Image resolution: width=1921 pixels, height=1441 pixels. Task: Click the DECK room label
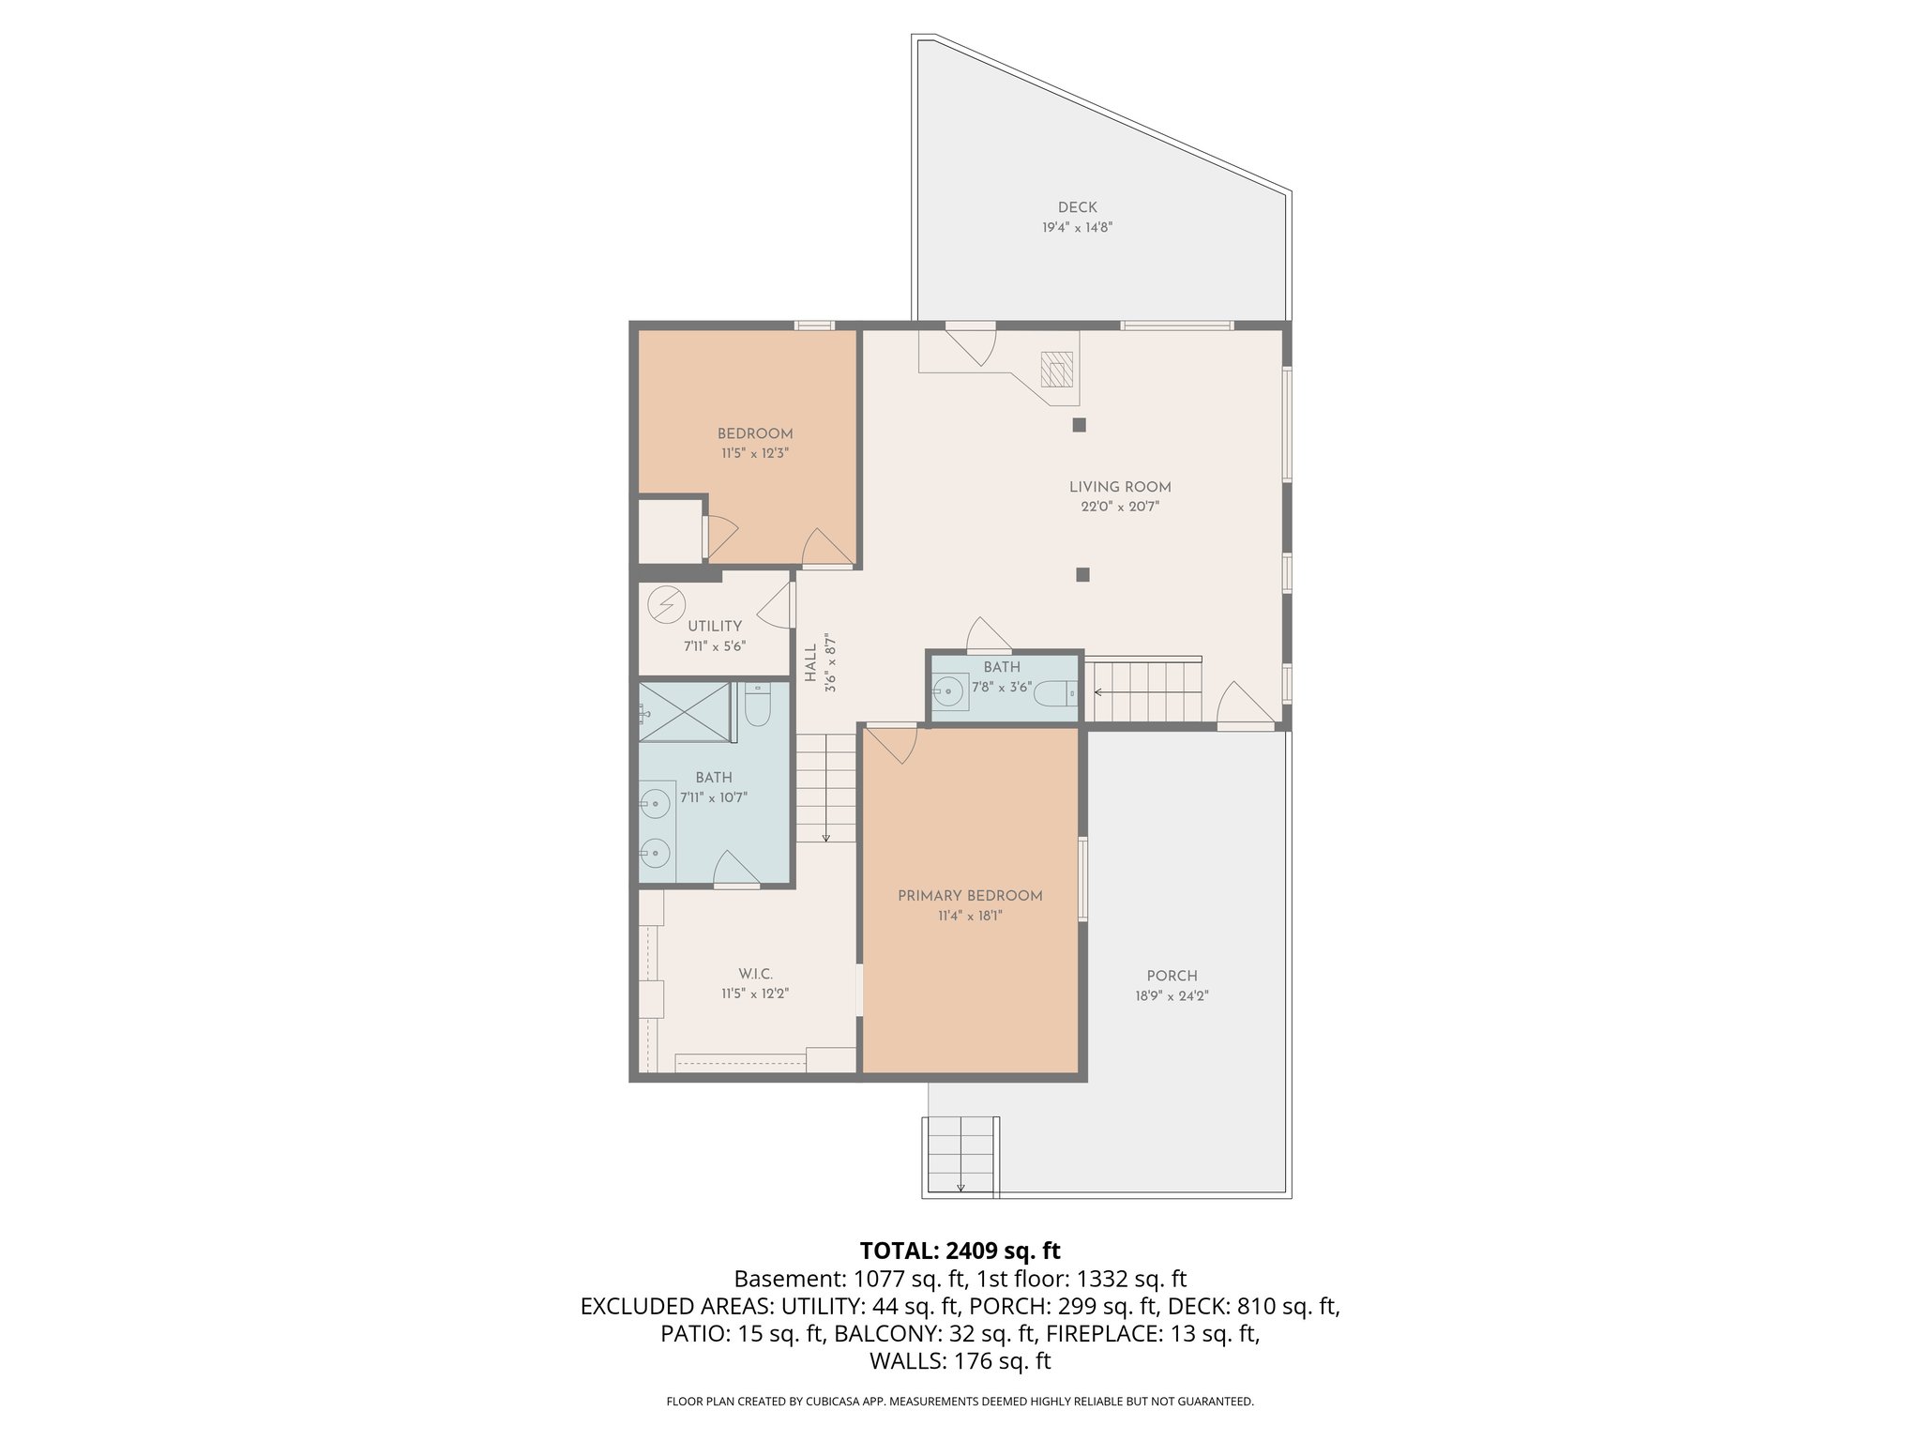click(1077, 207)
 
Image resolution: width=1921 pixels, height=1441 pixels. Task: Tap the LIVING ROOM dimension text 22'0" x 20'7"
click(1120, 507)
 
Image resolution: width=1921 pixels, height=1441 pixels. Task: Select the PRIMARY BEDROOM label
click(970, 896)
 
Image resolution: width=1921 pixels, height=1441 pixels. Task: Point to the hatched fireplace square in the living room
click(1057, 370)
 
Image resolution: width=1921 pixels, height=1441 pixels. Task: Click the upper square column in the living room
click(1079, 425)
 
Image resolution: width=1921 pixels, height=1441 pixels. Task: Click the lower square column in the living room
click(1082, 574)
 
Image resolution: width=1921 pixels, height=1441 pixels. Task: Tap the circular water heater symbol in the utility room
click(667, 603)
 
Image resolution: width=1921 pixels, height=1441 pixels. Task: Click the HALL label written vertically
click(810, 664)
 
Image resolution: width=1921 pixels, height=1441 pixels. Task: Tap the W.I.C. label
click(755, 975)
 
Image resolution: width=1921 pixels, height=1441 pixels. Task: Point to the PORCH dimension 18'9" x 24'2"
click(1172, 996)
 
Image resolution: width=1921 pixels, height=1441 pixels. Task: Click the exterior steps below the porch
click(960, 1157)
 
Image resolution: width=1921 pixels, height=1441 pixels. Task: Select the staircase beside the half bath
click(1142, 691)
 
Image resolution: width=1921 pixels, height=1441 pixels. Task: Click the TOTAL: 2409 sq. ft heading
click(960, 1251)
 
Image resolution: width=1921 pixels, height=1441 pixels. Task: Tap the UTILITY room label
click(715, 626)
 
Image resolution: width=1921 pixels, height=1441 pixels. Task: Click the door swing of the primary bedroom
click(891, 744)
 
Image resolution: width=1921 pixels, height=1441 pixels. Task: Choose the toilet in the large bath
click(758, 705)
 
